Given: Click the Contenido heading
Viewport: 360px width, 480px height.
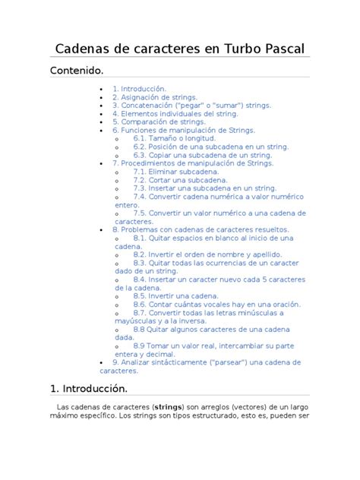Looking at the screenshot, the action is pos(76,70).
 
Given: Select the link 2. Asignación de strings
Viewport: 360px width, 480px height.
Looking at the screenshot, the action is pos(154,97).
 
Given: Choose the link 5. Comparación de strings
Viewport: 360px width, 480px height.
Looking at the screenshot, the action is pos(159,122).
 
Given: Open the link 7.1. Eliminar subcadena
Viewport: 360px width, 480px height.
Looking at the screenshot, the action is pos(175,172).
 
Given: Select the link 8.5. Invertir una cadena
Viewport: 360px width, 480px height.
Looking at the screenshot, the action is pos(175,295).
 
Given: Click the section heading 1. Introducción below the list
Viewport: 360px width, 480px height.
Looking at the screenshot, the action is pos(88,389).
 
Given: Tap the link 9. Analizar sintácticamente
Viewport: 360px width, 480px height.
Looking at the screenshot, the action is pos(205,363).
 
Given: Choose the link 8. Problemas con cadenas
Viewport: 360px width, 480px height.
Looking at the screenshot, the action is pos(200,229).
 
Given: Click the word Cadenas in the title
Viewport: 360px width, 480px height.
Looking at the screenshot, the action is pos(84,49).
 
